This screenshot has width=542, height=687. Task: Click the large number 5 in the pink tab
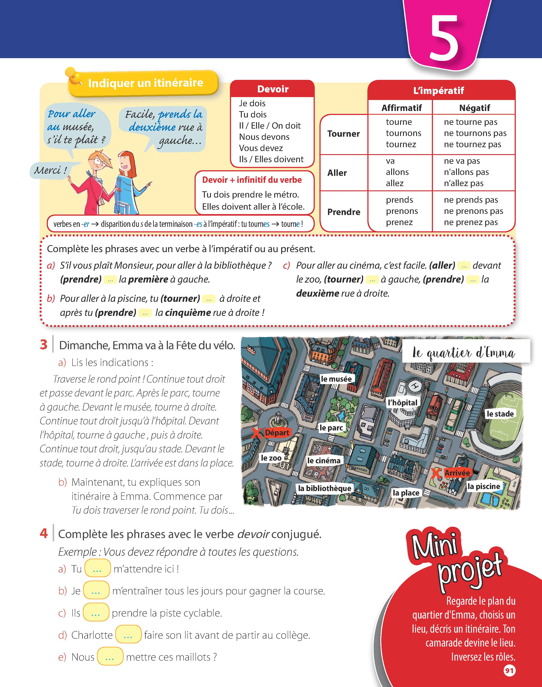[444, 37]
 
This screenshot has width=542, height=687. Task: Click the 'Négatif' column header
[474, 108]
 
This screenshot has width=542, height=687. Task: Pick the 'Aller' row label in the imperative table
[337, 173]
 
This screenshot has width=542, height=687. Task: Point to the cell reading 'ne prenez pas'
[471, 222]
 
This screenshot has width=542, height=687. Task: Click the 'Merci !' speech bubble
[50, 170]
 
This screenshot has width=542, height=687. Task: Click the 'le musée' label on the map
[336, 379]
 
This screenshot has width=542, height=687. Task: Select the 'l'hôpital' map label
[403, 403]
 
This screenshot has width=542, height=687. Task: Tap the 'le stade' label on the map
[500, 414]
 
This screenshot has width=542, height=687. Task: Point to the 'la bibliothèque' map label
[325, 488]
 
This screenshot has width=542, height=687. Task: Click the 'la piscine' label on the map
[484, 486]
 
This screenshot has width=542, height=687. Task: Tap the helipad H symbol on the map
[414, 386]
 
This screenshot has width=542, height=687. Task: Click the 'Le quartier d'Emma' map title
[464, 353]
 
